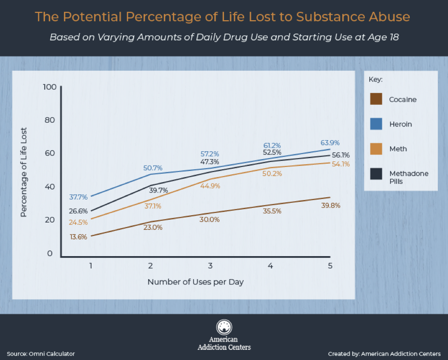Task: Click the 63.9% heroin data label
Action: tap(330, 143)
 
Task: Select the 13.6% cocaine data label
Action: tap(78, 237)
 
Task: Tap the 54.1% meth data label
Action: tap(340, 164)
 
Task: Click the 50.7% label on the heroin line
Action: tap(153, 168)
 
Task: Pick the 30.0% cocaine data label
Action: tap(209, 220)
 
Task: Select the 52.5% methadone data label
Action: tap(272, 153)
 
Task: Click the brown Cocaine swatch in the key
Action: tap(376, 99)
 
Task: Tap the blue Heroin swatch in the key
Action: tap(376, 124)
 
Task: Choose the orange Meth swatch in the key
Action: tap(376, 149)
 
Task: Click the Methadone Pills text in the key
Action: tap(409, 177)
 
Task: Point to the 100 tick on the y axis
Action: tap(49, 87)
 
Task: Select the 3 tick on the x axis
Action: tap(210, 266)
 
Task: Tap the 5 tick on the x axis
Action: tap(330, 266)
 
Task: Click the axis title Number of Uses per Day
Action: tap(195, 282)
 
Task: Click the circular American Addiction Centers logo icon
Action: tap(224, 327)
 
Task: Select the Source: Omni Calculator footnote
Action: tap(40, 354)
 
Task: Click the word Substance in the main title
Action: tap(329, 17)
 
